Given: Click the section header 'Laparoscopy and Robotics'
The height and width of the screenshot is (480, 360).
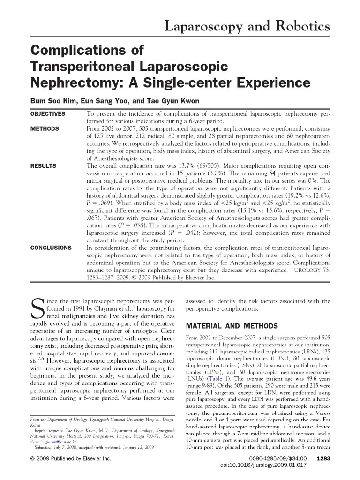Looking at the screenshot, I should coord(248,27).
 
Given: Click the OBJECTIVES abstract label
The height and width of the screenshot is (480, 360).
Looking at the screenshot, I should coord(48,114).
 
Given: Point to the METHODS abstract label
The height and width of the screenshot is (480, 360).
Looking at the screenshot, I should coord(45,128).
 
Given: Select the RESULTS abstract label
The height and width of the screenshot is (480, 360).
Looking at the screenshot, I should coord(43,166).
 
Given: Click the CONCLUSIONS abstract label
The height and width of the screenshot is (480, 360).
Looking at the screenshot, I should coord(51,247).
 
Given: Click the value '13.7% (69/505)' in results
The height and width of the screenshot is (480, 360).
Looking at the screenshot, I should coord(204,166).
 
